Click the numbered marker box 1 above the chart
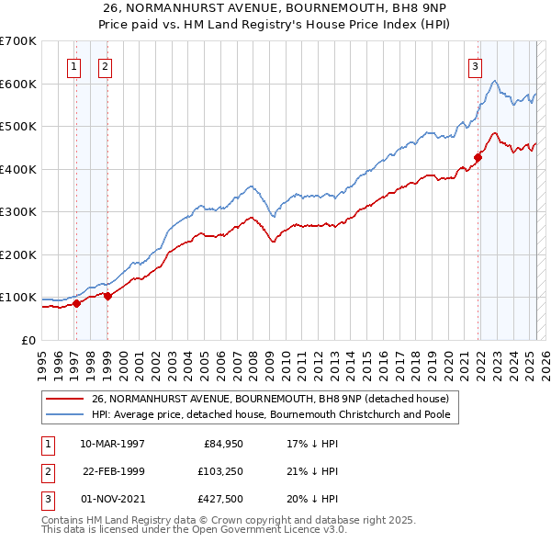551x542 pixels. pos(73,65)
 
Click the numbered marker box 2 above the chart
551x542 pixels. pos(106,65)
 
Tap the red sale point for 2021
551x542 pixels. pos(478,157)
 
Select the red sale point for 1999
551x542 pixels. pos(108,296)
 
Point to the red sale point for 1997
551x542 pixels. pos(77,304)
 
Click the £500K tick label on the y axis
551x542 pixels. pos(18,126)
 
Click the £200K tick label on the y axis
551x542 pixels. pos(18,254)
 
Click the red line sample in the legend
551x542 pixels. pos(65,399)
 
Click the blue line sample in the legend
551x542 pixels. pos(65,414)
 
